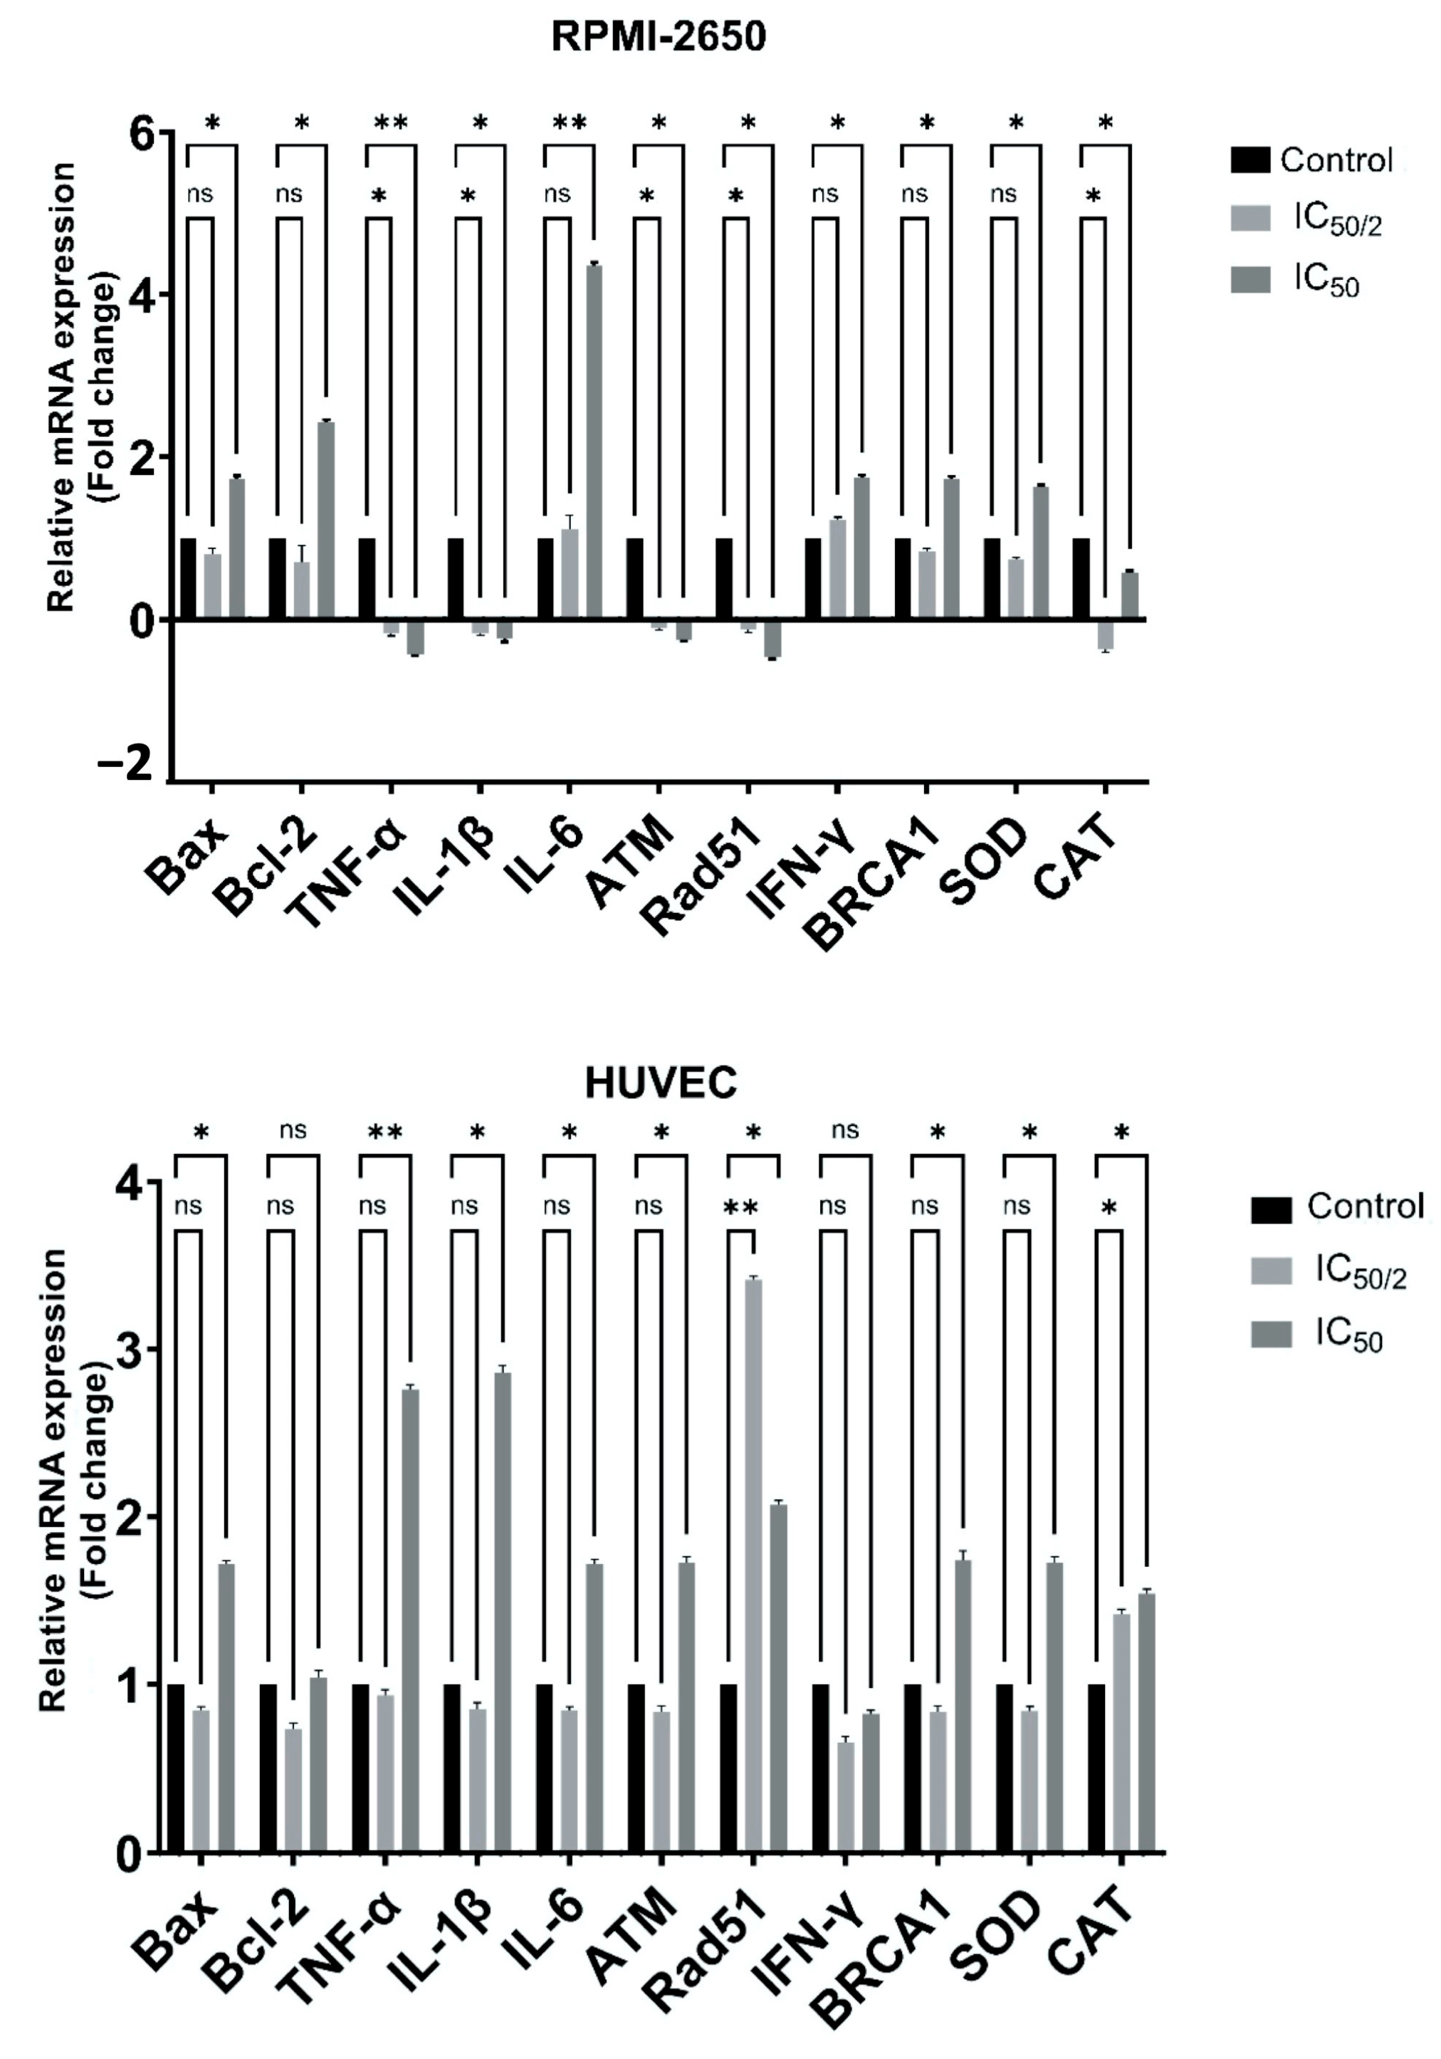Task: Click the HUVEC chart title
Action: tap(660, 1083)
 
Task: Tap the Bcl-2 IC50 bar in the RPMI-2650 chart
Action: tap(325, 520)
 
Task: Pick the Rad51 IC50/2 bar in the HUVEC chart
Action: tap(753, 1565)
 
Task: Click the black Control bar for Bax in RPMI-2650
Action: tap(188, 578)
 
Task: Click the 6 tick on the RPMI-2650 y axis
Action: tap(142, 135)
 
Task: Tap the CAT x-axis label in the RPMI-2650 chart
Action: tap(1074, 862)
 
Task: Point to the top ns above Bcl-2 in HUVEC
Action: tap(293, 1130)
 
